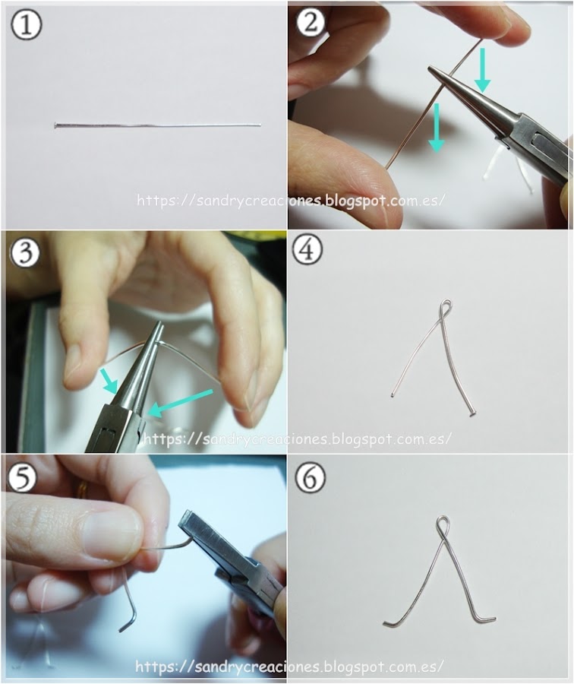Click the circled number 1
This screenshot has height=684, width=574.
pos(26,24)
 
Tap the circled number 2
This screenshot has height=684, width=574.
pos(311,21)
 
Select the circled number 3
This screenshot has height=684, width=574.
pos(25,252)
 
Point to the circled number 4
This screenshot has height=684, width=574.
pos(307,249)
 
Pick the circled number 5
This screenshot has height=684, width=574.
pos(22,477)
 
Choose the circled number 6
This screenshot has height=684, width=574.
pos(311,477)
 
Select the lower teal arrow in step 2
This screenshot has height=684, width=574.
pos(437,128)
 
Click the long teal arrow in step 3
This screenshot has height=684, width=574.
pos(181,403)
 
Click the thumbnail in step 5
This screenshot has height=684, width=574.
pos(112,533)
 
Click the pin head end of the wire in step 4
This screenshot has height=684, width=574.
pos(472,413)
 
